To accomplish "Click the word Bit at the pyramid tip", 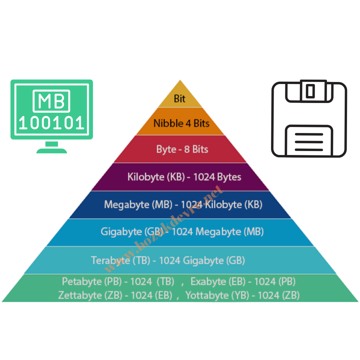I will click(x=180, y=99).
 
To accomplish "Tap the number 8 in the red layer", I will click(x=187, y=149).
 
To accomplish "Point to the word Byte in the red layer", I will click(x=166, y=149).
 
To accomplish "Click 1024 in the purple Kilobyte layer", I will click(x=204, y=177).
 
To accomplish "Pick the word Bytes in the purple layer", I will click(x=229, y=177).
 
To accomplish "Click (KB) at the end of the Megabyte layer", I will click(x=253, y=204).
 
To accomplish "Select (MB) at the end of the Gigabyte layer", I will click(x=254, y=231).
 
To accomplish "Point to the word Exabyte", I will click(x=208, y=282).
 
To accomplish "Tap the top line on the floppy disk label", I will click(x=309, y=134).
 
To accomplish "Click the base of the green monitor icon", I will click(x=50, y=151).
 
